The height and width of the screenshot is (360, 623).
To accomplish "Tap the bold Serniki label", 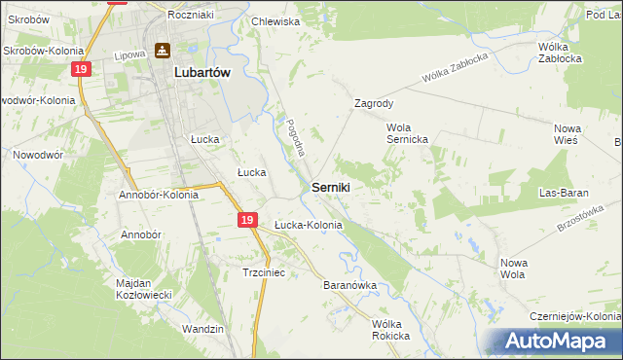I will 331,186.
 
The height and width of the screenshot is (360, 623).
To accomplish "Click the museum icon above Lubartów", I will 162,51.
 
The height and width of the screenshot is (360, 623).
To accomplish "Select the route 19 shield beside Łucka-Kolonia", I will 247,222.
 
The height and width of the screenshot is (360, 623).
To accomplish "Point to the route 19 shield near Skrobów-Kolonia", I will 81,69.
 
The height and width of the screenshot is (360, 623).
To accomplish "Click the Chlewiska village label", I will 275,20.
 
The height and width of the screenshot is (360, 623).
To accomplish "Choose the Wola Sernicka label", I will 414,133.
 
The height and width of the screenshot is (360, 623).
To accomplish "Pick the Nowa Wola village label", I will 513,268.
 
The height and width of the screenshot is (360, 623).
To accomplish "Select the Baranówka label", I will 349,286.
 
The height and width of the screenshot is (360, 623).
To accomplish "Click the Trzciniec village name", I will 263,273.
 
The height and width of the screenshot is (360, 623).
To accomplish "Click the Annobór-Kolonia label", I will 159,195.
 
